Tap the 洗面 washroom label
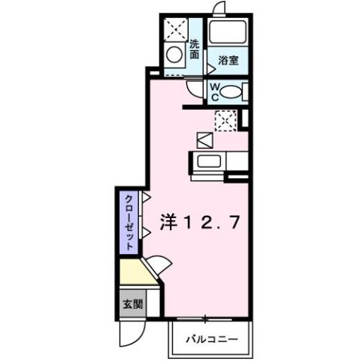click(194, 50)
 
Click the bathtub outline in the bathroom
click(228, 32)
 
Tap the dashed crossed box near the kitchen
click(223, 119)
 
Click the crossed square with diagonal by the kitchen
click(206, 140)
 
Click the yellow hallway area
click(137, 272)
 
